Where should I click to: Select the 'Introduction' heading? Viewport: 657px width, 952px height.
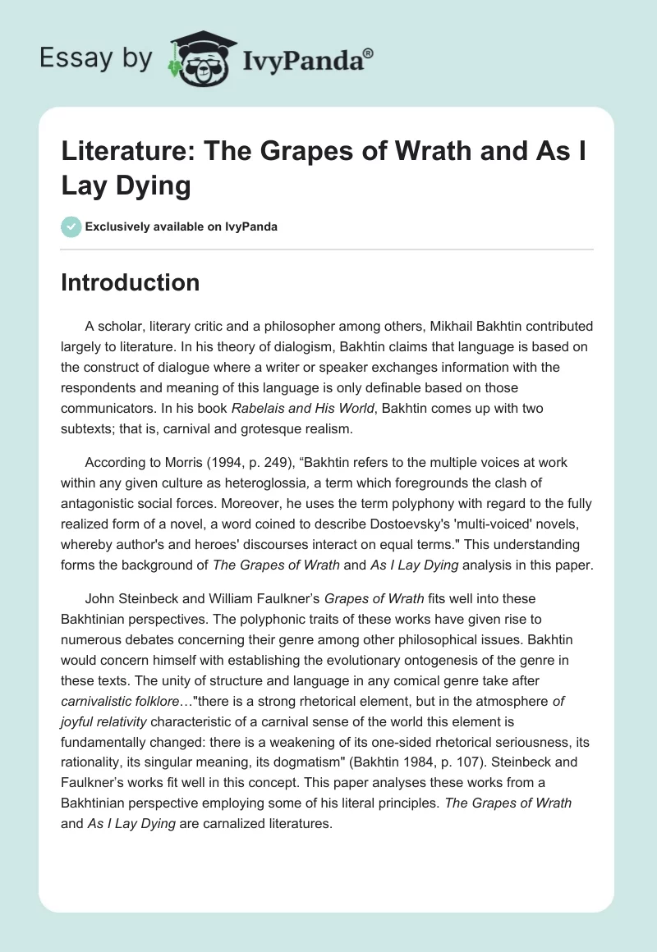[131, 282]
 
